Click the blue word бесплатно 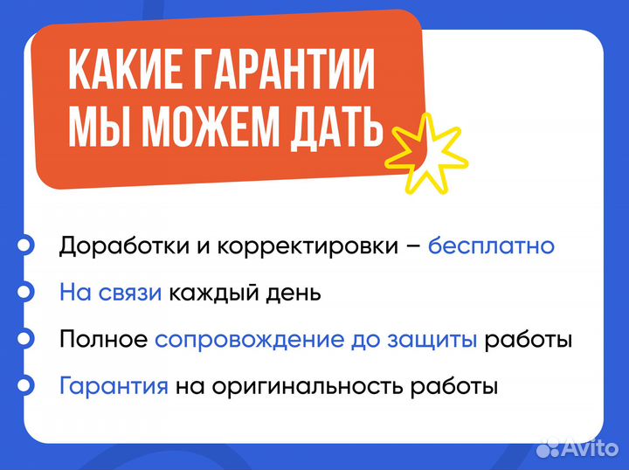coord(491,245)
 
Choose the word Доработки coord(120,246)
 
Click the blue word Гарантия coord(114,385)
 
